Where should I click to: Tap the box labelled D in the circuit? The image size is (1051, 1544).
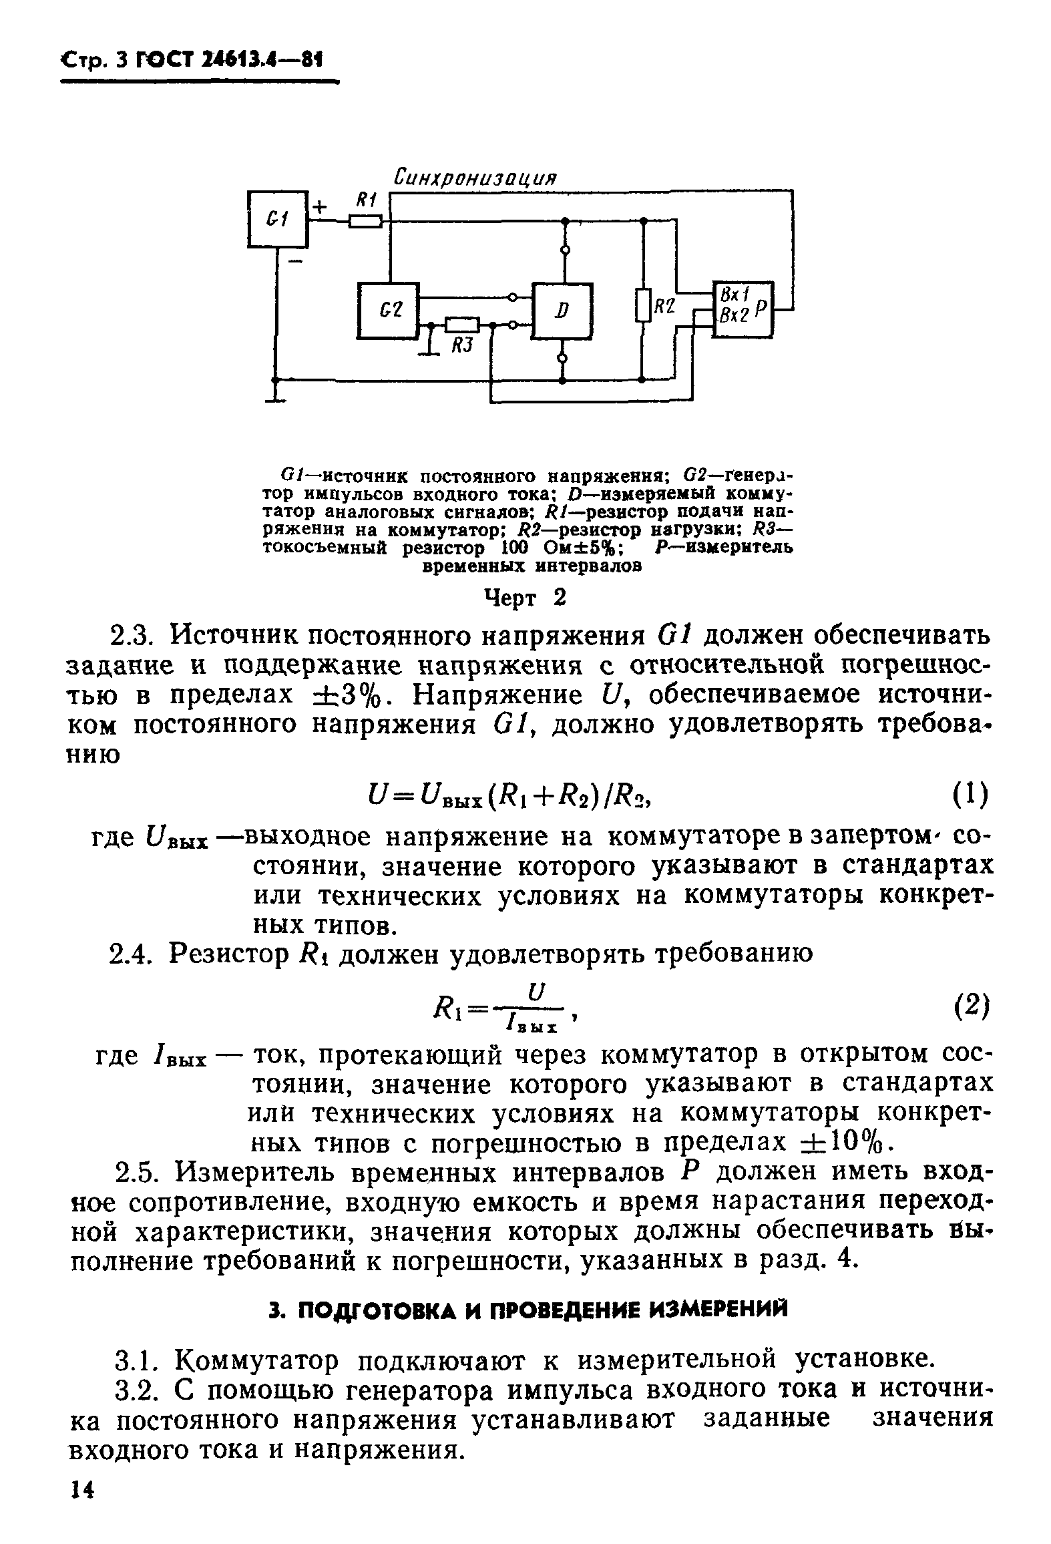point(563,311)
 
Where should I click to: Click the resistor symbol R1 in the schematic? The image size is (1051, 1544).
point(365,221)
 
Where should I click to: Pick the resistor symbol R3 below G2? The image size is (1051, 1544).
point(462,325)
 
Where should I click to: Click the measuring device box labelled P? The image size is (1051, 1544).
point(743,309)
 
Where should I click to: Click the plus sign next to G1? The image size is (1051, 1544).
point(321,206)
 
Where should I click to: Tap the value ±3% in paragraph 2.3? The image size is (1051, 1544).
point(349,695)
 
